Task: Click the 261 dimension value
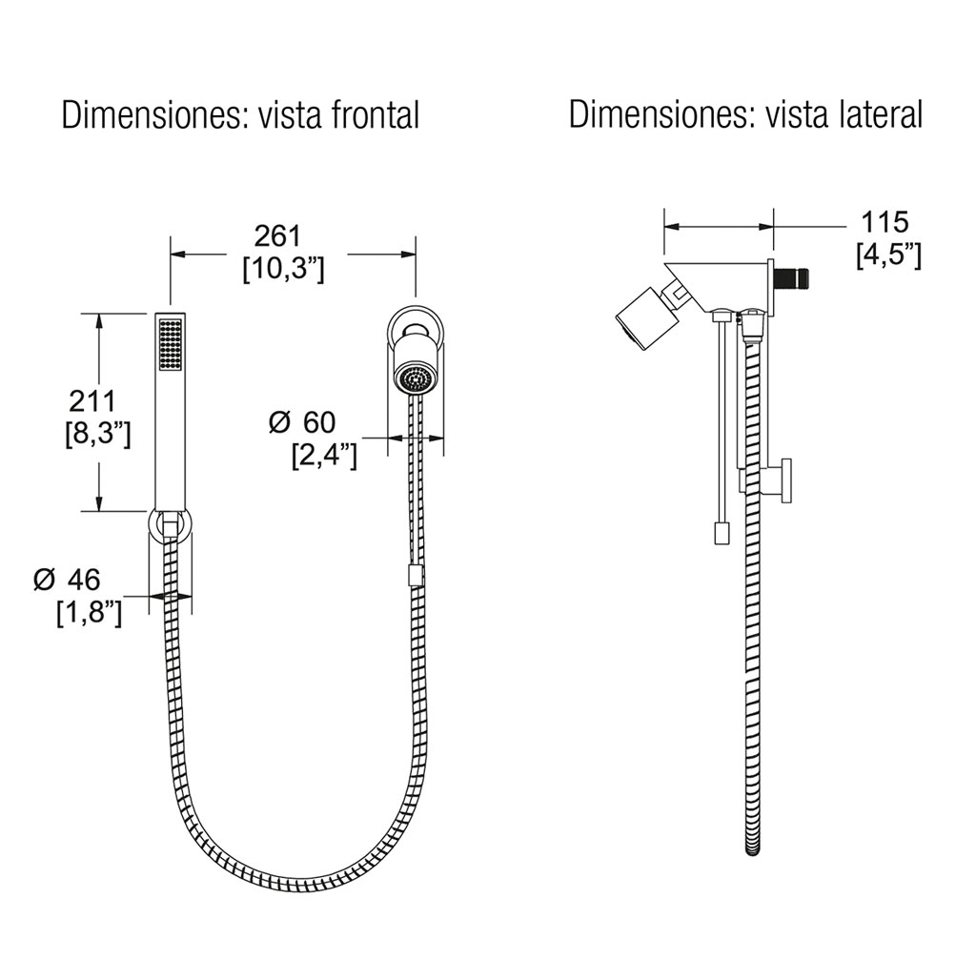(x=277, y=236)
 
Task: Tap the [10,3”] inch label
(x=284, y=270)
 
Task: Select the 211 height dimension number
(x=91, y=400)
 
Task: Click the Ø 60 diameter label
(x=302, y=422)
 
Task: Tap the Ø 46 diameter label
(x=67, y=580)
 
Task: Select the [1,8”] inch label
(x=90, y=613)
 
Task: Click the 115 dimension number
(x=884, y=222)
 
